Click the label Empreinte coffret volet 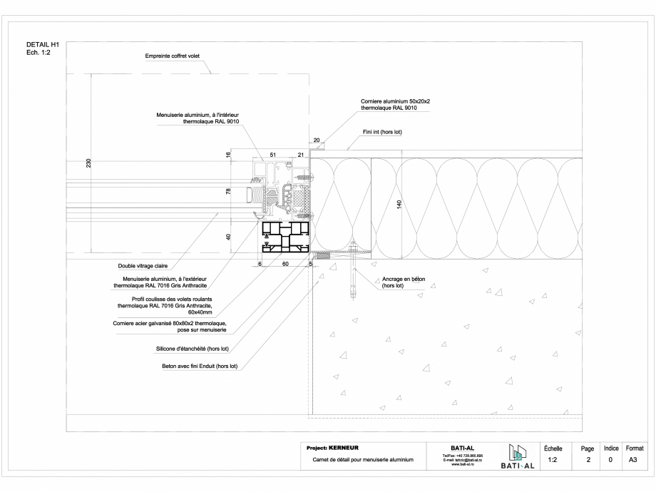(x=173, y=56)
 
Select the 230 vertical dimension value (x=88, y=164)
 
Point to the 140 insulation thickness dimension (x=399, y=203)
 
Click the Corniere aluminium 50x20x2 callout (x=395, y=105)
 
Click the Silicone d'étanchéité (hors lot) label (x=197, y=349)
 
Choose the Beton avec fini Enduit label (x=200, y=367)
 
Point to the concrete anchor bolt (x=353, y=275)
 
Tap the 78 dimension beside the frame (x=230, y=192)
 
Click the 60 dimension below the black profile (x=285, y=264)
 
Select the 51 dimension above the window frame (x=272, y=155)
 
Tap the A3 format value (x=633, y=461)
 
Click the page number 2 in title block (x=588, y=461)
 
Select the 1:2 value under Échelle (x=553, y=461)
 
